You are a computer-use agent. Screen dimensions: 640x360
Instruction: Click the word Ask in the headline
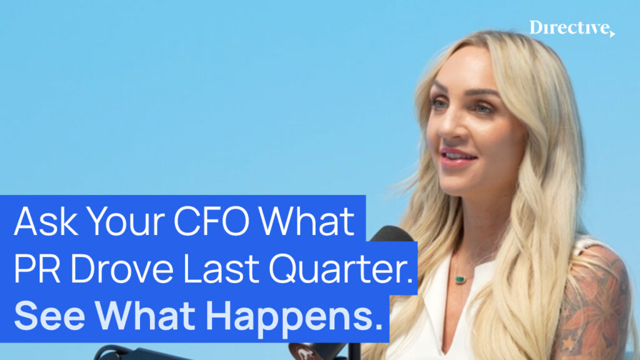coord(46,221)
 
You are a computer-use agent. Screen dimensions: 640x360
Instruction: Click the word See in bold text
coord(49,316)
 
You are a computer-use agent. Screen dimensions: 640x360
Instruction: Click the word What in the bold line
coord(145,316)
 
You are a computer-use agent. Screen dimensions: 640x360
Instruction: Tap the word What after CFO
coord(307,221)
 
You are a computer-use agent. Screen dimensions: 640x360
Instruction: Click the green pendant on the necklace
coord(460,279)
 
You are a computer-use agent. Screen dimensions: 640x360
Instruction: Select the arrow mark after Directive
coord(612,34)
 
